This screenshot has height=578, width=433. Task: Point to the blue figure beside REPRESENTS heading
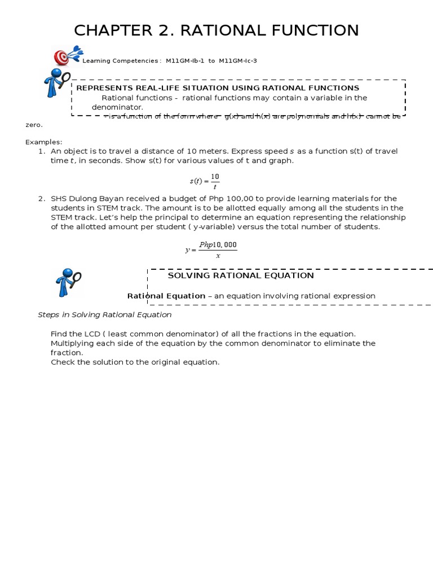(x=57, y=82)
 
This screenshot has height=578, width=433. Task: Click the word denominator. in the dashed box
(x=117, y=107)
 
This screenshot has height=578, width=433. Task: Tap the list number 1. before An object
(x=41, y=151)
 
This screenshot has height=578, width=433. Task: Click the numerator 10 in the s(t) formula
(x=215, y=177)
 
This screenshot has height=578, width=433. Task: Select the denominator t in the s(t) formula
(x=215, y=187)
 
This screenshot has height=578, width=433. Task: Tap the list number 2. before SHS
(x=41, y=199)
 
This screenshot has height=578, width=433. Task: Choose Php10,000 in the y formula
(x=218, y=245)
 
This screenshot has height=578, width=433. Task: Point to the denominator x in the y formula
(x=218, y=256)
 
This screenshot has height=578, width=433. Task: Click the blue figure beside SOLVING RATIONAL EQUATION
(x=68, y=282)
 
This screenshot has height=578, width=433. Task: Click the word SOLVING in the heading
(x=188, y=275)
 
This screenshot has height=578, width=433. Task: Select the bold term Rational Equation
(x=166, y=296)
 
